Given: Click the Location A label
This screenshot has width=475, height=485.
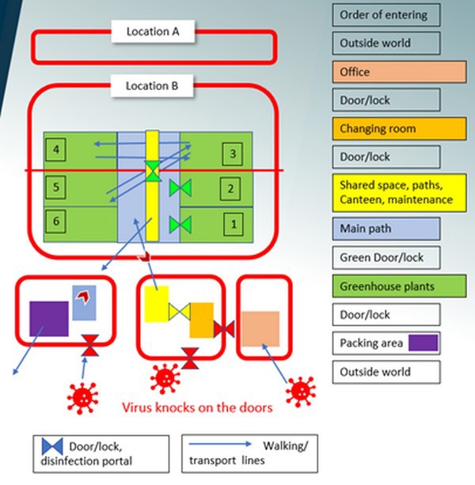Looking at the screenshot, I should (x=154, y=32).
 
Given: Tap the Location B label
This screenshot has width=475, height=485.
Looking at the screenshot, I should (x=154, y=85).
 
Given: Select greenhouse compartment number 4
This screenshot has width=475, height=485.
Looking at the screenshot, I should (x=55, y=149).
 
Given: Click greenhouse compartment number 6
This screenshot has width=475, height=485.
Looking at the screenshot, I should (x=55, y=222).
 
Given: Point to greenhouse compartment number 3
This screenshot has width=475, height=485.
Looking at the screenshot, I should (x=231, y=153).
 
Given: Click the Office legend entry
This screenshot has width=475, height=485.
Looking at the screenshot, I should (x=386, y=72).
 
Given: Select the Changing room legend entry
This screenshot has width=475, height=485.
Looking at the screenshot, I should (x=386, y=128).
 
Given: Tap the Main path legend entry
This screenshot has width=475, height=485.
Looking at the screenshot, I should (x=386, y=229).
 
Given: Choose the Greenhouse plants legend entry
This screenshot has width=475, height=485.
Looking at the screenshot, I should (x=386, y=286).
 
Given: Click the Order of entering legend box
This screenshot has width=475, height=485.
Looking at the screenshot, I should (x=386, y=15).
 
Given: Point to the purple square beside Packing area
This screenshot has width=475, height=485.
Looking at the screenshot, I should (x=422, y=343).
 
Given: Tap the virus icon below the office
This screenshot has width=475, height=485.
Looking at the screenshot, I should (x=300, y=388).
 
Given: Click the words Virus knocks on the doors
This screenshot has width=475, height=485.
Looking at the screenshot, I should (x=197, y=408).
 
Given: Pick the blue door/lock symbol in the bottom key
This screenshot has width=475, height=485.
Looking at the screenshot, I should (x=51, y=447).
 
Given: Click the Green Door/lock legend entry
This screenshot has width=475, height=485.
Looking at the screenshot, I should (x=386, y=257).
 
